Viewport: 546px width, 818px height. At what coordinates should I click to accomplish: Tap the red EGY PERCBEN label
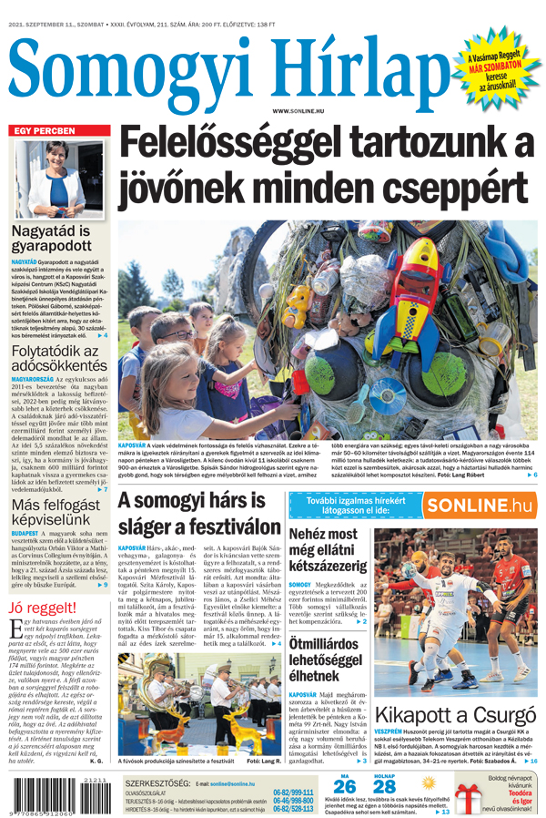pyautogui.click(x=43, y=131)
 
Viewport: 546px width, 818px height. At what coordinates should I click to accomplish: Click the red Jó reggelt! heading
pyautogui.click(x=43, y=608)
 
